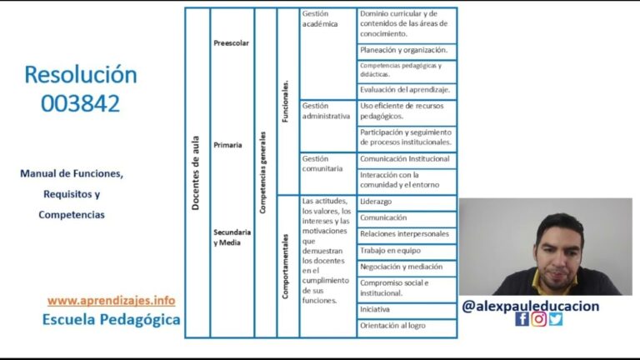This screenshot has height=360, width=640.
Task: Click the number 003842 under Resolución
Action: pyautogui.click(x=80, y=102)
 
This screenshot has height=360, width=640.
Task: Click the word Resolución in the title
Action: pyautogui.click(x=80, y=74)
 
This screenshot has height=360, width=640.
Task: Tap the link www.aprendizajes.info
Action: pyautogui.click(x=111, y=300)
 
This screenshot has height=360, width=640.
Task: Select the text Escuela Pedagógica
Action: pyautogui.click(x=111, y=319)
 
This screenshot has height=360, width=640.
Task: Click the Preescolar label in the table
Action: pyautogui.click(x=231, y=42)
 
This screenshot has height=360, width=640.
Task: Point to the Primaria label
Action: pyautogui.click(x=227, y=145)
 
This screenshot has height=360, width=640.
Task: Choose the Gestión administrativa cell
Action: pyautogui.click(x=326, y=111)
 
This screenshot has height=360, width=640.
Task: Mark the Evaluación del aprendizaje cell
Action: pyautogui.click(x=405, y=89)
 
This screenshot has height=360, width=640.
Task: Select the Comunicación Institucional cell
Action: pyautogui.click(x=405, y=158)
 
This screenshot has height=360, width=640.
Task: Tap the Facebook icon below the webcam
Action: pyautogui.click(x=522, y=319)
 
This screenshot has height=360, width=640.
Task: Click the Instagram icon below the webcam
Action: pyautogui.click(x=539, y=319)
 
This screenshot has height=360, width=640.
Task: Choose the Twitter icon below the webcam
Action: pyautogui.click(x=556, y=319)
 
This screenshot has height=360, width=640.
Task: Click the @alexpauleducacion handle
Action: pyautogui.click(x=530, y=306)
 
